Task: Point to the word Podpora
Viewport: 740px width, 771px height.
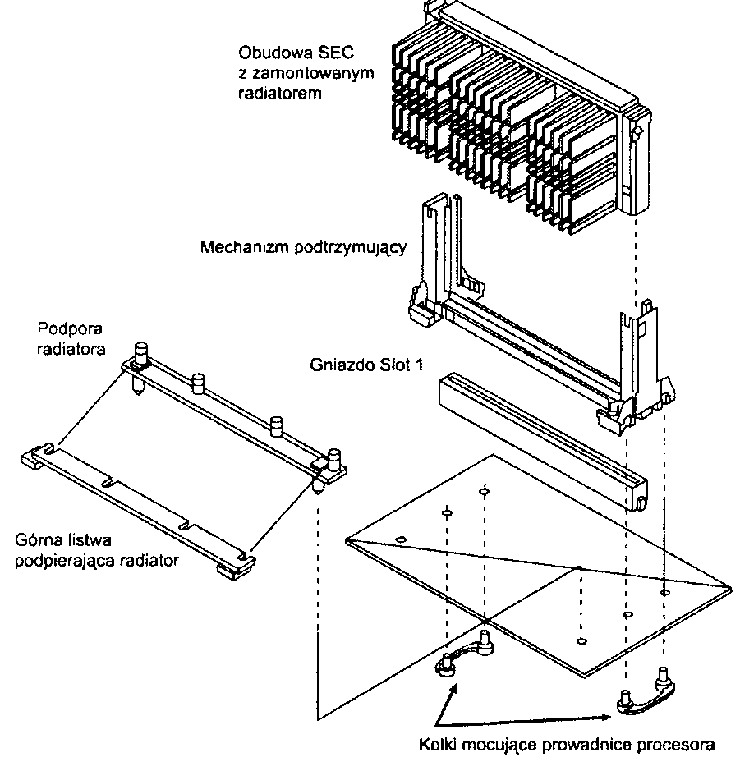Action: click(x=63, y=330)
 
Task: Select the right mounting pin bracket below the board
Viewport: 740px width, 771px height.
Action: click(x=646, y=699)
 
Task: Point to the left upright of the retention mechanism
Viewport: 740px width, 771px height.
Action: click(x=435, y=255)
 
